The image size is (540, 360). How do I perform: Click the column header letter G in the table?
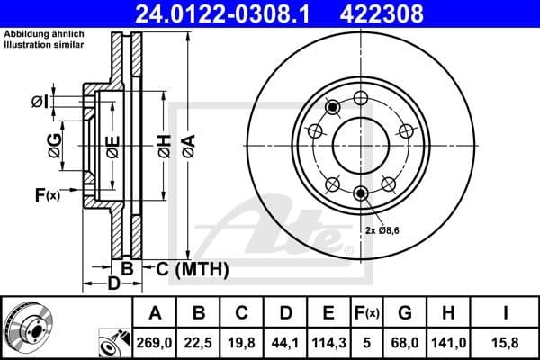405,312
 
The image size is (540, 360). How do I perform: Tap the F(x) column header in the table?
366,312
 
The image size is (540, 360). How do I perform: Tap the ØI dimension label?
39,102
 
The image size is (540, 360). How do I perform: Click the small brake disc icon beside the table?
28,328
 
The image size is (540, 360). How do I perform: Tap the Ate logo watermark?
279,231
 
